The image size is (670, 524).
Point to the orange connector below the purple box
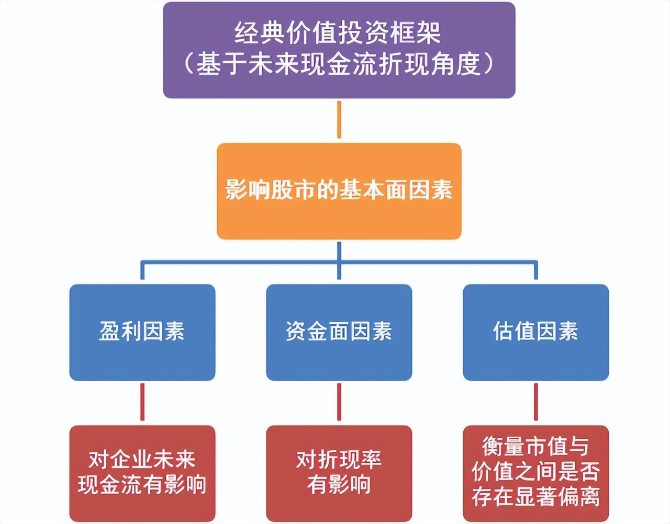(x=339, y=120)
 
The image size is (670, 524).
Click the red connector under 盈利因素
(x=142, y=402)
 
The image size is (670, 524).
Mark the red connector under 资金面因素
(x=339, y=402)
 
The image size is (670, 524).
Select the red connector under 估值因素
(x=535, y=402)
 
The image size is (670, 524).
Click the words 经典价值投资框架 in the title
(x=338, y=33)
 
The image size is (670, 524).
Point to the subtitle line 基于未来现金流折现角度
(x=339, y=64)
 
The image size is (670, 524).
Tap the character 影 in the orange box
(x=236, y=189)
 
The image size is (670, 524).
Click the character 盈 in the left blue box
(x=109, y=331)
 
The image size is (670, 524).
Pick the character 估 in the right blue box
(x=503, y=331)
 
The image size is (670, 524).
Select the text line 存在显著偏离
(x=535, y=496)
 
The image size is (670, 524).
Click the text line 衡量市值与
(x=535, y=447)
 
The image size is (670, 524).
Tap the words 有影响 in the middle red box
(x=339, y=484)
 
